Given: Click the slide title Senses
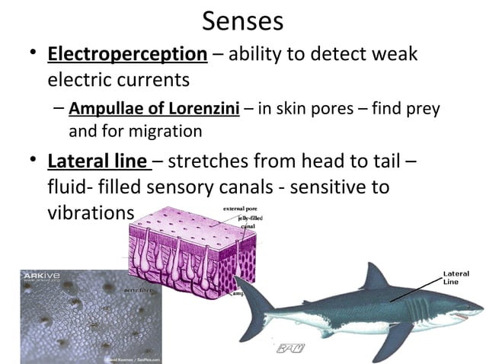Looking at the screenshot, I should tap(243, 21).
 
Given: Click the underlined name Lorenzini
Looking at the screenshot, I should tap(204, 108).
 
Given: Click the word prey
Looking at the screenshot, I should tap(424, 108).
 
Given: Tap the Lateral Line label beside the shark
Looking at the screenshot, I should tap(456, 277).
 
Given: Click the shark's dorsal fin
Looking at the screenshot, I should tap(372, 277).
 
